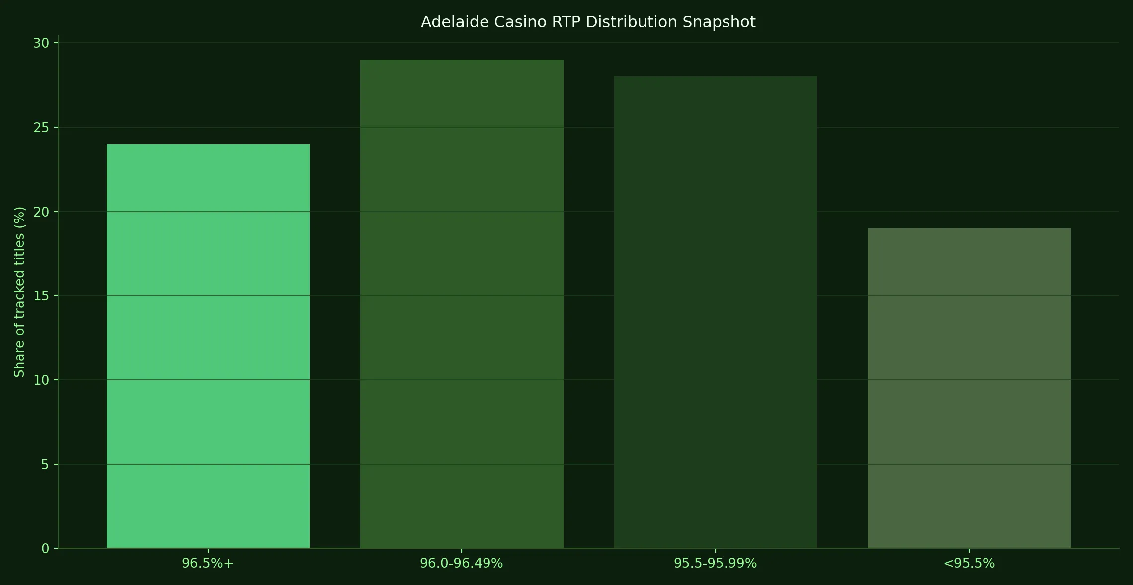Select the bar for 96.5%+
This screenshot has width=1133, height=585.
tap(208, 346)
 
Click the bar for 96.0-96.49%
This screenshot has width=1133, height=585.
tap(462, 304)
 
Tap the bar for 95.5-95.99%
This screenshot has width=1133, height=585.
tap(715, 312)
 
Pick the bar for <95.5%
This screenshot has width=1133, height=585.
tap(969, 388)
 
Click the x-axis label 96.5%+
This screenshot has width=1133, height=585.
tap(208, 564)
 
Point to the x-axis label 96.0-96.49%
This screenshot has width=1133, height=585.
tap(462, 564)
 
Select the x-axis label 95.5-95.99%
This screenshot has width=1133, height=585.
tap(715, 564)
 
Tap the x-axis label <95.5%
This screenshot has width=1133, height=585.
tap(969, 564)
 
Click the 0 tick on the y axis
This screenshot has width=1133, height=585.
tap(46, 549)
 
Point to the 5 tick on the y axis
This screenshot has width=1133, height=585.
tap(46, 465)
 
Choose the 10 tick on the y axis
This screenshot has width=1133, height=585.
tap(42, 380)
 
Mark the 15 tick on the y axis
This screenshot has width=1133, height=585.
tap(42, 296)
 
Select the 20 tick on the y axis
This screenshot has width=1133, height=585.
tap(42, 212)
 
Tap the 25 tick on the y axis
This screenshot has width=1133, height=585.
tap(42, 128)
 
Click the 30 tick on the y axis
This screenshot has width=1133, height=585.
tap(42, 44)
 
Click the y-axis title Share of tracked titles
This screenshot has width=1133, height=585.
tap(19, 292)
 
